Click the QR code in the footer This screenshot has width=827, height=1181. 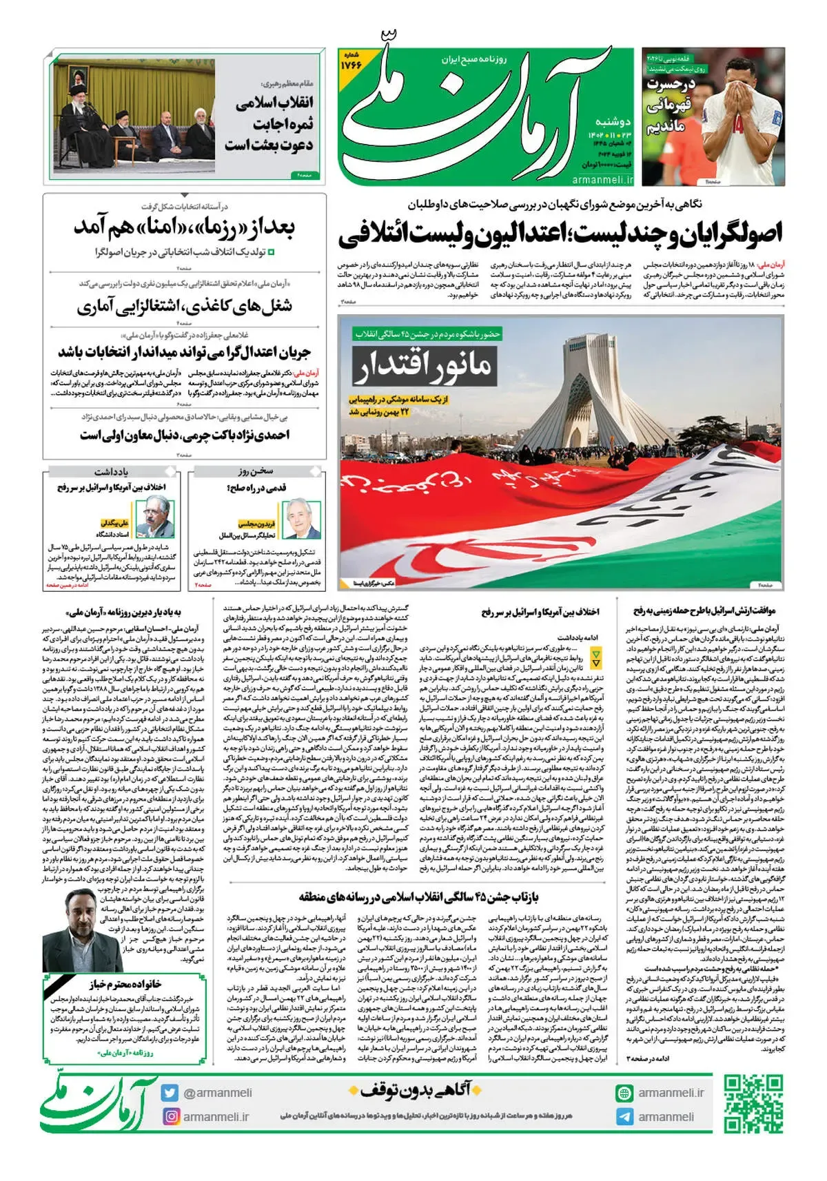(x=753, y=1103)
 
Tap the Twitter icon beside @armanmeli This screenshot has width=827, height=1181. (x=170, y=1093)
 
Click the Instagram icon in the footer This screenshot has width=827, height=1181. (x=170, y=1116)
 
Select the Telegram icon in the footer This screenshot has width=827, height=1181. (x=624, y=1117)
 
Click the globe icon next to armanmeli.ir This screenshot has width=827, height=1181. (x=624, y=1093)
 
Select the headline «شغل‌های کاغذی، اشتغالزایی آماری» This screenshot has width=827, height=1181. (x=185, y=305)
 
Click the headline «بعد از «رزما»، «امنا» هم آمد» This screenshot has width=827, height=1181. (x=185, y=227)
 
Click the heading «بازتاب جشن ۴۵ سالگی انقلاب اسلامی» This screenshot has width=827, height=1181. (x=419, y=896)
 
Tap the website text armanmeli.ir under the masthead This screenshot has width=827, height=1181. (x=602, y=180)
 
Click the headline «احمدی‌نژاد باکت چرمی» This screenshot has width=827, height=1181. (x=185, y=435)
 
